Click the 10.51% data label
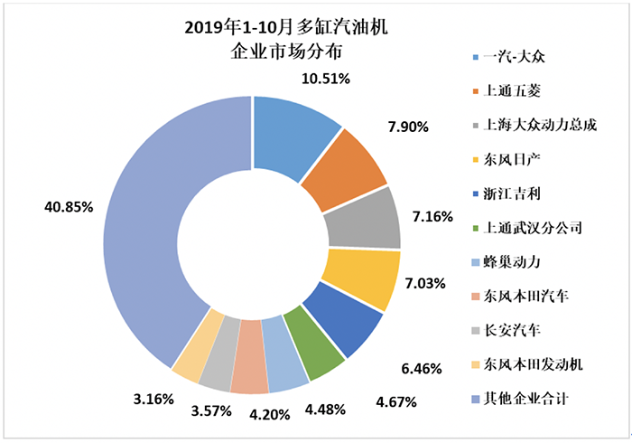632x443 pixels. [325, 78]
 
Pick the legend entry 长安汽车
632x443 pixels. [510, 331]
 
